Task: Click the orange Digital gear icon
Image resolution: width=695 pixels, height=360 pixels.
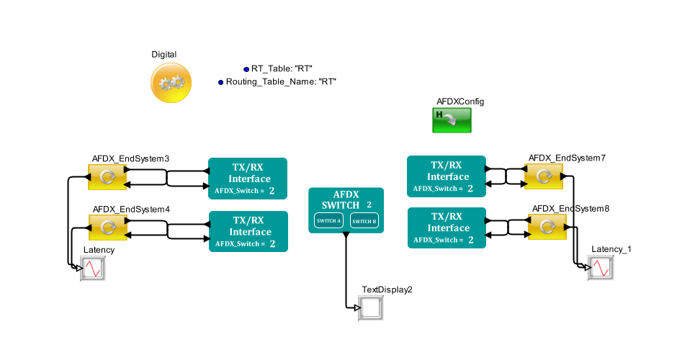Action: pyautogui.click(x=171, y=83)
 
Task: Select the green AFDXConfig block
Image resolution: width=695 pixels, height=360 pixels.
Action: pyautogui.click(x=452, y=120)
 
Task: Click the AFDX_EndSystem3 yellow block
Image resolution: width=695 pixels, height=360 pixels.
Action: pyautogui.click(x=107, y=177)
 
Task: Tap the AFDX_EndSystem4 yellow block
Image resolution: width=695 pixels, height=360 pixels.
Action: pyautogui.click(x=107, y=228)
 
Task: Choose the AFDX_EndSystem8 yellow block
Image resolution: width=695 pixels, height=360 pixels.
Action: pyautogui.click(x=547, y=226)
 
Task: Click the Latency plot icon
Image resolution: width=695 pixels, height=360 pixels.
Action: pyautogui.click(x=93, y=269)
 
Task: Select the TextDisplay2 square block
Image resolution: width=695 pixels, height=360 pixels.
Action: pyautogui.click(x=371, y=308)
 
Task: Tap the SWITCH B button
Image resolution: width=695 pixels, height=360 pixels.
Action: pyautogui.click(x=364, y=221)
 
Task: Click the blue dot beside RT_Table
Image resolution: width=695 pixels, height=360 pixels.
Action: pyautogui.click(x=246, y=69)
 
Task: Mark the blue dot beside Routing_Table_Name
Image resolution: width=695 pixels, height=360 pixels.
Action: pyautogui.click(x=221, y=83)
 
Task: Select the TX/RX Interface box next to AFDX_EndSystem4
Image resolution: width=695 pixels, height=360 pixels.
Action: pyautogui.click(x=248, y=231)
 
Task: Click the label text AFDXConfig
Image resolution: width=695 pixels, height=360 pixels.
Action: pyautogui.click(x=460, y=102)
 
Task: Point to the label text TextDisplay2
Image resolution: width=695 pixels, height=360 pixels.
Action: pyautogui.click(x=387, y=289)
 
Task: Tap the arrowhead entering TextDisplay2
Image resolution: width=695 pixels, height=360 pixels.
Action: pyautogui.click(x=357, y=308)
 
